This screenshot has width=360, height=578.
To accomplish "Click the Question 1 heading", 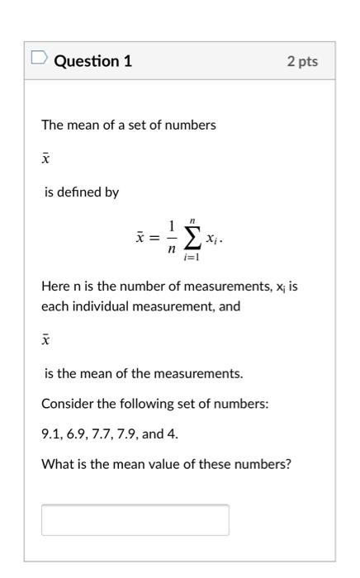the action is pyautogui.click(x=93, y=61).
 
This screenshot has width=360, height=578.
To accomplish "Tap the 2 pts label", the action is pyautogui.click(x=302, y=62).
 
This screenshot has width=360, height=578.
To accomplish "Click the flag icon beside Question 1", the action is pyautogui.click(x=39, y=59).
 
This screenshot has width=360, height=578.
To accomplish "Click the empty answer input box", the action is pyautogui.click(x=135, y=519).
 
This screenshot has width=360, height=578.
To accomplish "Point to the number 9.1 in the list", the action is pyautogui.click(x=50, y=433).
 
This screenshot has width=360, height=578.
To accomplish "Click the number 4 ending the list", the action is pyautogui.click(x=172, y=433).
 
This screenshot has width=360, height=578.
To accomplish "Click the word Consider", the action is pyautogui.click(x=68, y=404).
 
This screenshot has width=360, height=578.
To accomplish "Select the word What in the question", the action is pyautogui.click(x=55, y=464).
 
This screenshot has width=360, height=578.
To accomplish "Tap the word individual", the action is pyautogui.click(x=128, y=306).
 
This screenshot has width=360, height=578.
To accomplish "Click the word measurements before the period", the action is pyautogui.click(x=204, y=373).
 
